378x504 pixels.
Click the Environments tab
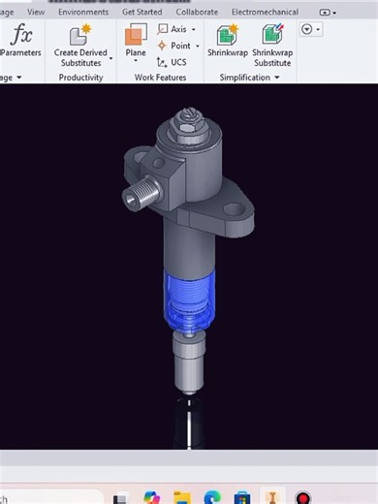pyautogui.click(x=83, y=13)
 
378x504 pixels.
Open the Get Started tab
pyautogui.click(x=142, y=13)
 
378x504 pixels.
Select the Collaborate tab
pyautogui.click(x=197, y=13)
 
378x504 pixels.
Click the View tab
pyautogui.click(x=36, y=13)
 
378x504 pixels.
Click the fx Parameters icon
pyautogui.click(x=21, y=36)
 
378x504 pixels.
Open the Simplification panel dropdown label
pyautogui.click(x=250, y=78)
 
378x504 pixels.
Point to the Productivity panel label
pyautogui.click(x=80, y=78)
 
